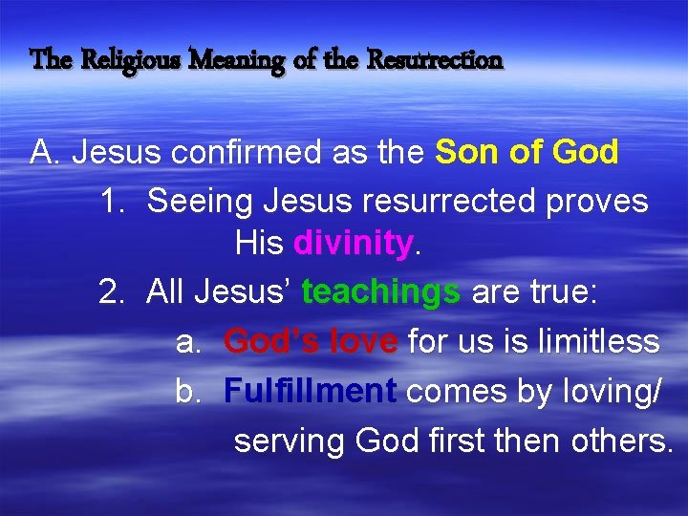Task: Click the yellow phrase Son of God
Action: pos(527,152)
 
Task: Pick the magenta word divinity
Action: pos(354,245)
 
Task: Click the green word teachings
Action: pos(380,293)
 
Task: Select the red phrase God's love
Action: pos(311,341)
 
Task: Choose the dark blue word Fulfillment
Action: pos(311,390)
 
